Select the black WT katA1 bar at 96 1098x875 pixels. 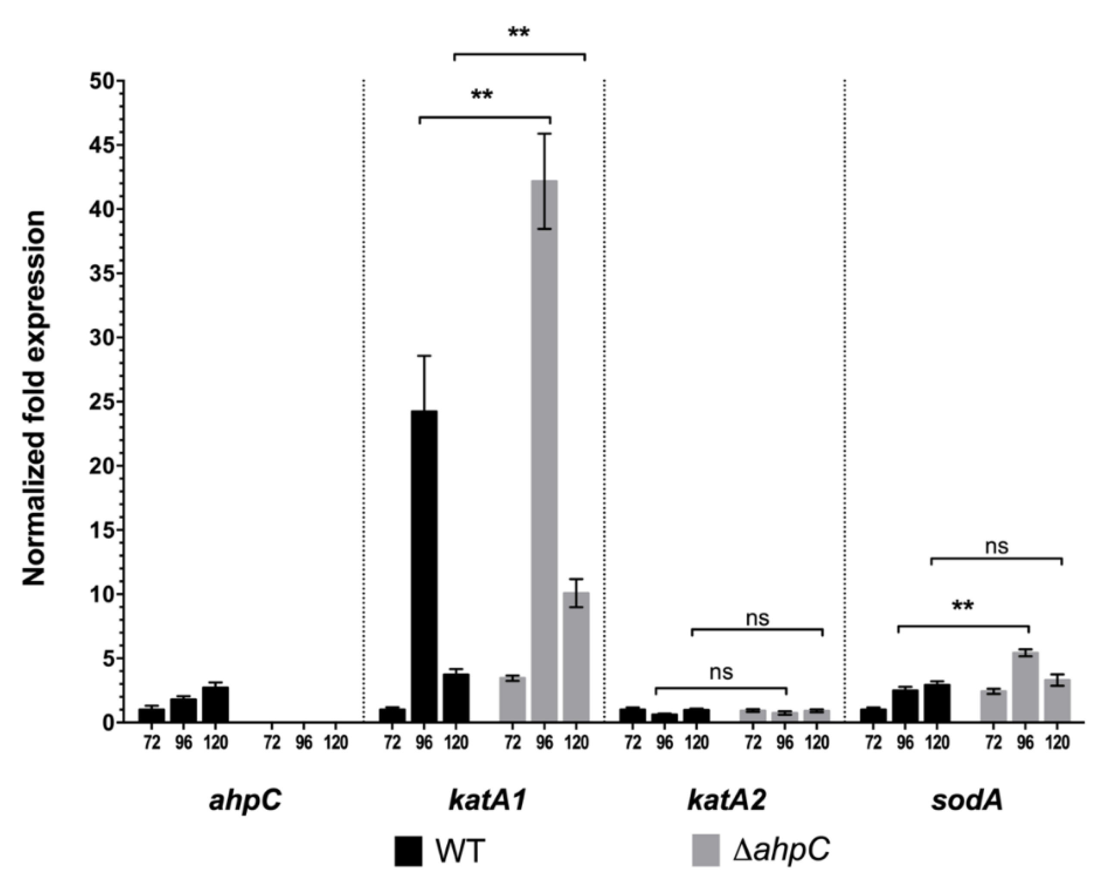click(424, 565)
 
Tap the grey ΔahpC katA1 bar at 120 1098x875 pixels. click(576, 657)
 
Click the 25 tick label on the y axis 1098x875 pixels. click(102, 401)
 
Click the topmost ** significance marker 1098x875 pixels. click(519, 34)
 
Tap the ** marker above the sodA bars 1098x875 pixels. click(963, 607)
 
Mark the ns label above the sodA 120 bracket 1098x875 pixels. click(996, 546)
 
